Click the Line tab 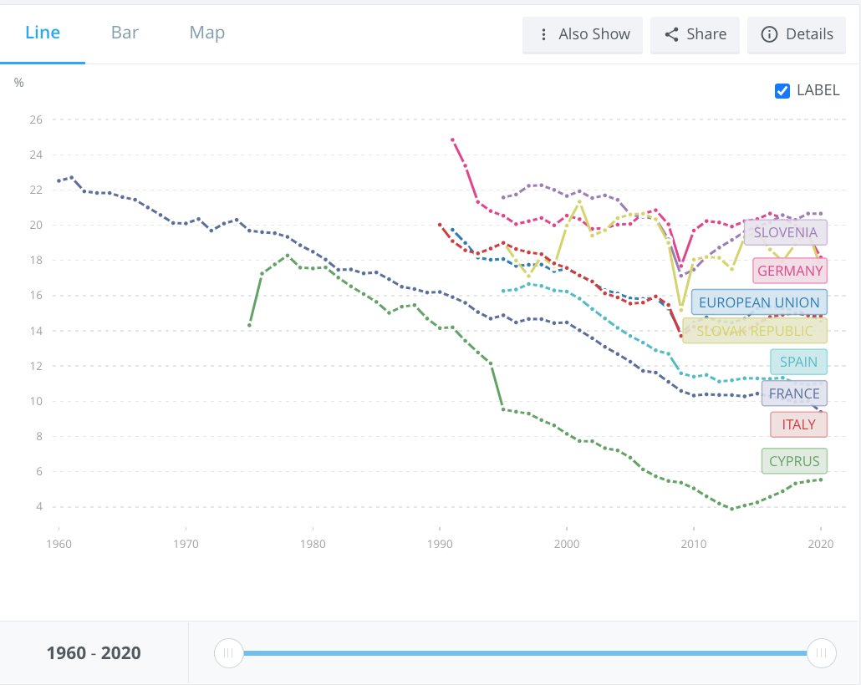[43, 33]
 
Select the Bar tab [125, 33]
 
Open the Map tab [206, 33]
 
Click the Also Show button [583, 35]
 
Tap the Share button [695, 35]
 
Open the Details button [797, 35]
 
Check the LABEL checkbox [782, 91]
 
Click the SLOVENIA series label [785, 232]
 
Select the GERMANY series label [790, 271]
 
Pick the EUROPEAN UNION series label [759, 302]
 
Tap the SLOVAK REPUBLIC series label [754, 331]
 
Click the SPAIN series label [798, 363]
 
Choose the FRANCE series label [794, 393]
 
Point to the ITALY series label [798, 424]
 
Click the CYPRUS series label [794, 461]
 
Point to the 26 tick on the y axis [35, 119]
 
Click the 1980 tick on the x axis [313, 544]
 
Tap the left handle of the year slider [228, 652]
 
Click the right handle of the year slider [822, 652]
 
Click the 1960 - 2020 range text [94, 653]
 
